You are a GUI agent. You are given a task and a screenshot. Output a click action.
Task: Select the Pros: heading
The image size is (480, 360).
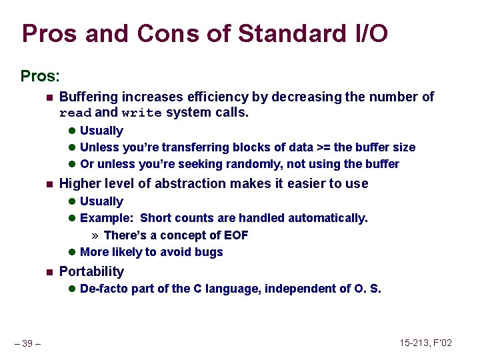click(x=41, y=76)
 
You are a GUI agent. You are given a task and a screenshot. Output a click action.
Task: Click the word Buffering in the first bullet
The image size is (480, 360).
click(x=89, y=97)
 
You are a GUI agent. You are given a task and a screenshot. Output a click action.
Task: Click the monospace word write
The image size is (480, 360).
click(x=141, y=113)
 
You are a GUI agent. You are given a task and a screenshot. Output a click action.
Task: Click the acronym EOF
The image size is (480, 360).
click(x=236, y=235)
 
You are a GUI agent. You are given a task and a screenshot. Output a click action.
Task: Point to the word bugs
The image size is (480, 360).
click(x=209, y=252)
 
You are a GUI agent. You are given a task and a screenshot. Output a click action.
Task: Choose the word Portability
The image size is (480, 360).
click(x=91, y=271)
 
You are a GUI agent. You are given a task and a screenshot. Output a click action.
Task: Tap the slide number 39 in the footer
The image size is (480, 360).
click(x=27, y=343)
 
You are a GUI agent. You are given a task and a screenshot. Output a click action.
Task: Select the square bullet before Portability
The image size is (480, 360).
click(x=48, y=272)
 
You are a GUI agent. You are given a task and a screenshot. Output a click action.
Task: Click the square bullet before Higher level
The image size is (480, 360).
click(x=48, y=184)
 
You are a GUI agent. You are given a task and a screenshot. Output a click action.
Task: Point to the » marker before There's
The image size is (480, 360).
click(x=95, y=235)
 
